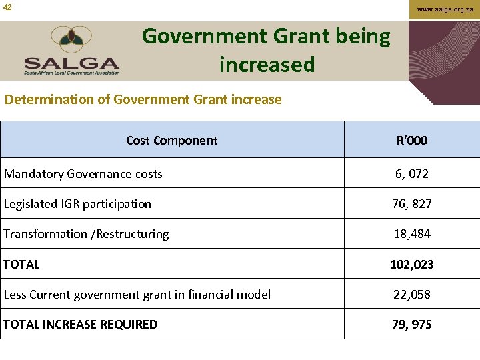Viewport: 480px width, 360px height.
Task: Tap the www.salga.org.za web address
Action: point(445,9)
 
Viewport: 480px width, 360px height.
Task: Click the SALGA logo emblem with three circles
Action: point(73,40)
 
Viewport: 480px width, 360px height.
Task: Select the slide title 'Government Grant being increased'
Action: point(266,50)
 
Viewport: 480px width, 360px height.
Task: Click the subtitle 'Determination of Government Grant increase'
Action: point(143,99)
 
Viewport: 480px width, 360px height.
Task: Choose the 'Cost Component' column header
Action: point(171,140)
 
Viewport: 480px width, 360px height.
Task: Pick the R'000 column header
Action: point(411,140)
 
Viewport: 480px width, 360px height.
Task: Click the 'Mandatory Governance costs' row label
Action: point(83,174)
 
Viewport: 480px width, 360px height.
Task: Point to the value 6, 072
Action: point(411,174)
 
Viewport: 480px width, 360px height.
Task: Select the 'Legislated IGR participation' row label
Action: point(77,204)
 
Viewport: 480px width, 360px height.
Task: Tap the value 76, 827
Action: point(411,204)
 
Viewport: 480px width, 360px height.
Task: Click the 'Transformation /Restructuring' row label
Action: point(86,234)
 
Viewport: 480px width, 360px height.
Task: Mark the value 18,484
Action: point(411,234)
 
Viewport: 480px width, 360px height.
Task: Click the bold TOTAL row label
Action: point(21,265)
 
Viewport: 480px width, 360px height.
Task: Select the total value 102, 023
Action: point(411,265)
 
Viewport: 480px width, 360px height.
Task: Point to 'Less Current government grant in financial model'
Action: point(137,295)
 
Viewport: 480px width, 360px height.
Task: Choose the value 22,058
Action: point(411,295)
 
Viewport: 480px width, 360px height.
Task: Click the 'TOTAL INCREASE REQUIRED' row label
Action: point(80,325)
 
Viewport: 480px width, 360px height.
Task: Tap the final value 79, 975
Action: point(411,325)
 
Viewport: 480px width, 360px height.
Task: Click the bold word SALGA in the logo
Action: point(72,64)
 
